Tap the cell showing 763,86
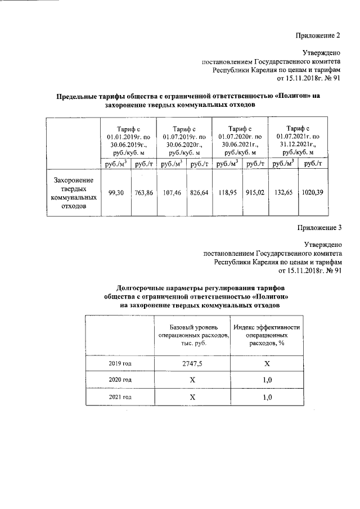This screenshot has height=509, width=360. point(145,192)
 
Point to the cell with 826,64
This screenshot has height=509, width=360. point(199,192)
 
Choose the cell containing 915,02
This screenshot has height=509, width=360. point(255,192)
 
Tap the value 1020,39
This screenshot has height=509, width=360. point(312,192)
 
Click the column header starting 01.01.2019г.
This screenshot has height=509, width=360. point(128,141)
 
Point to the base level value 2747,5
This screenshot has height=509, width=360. point(192,364)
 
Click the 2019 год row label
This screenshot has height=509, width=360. point(119,364)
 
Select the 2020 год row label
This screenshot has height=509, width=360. point(119,381)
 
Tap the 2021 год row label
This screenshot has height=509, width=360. point(119,397)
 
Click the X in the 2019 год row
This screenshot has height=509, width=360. point(267,364)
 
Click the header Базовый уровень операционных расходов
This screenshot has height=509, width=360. point(192,335)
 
